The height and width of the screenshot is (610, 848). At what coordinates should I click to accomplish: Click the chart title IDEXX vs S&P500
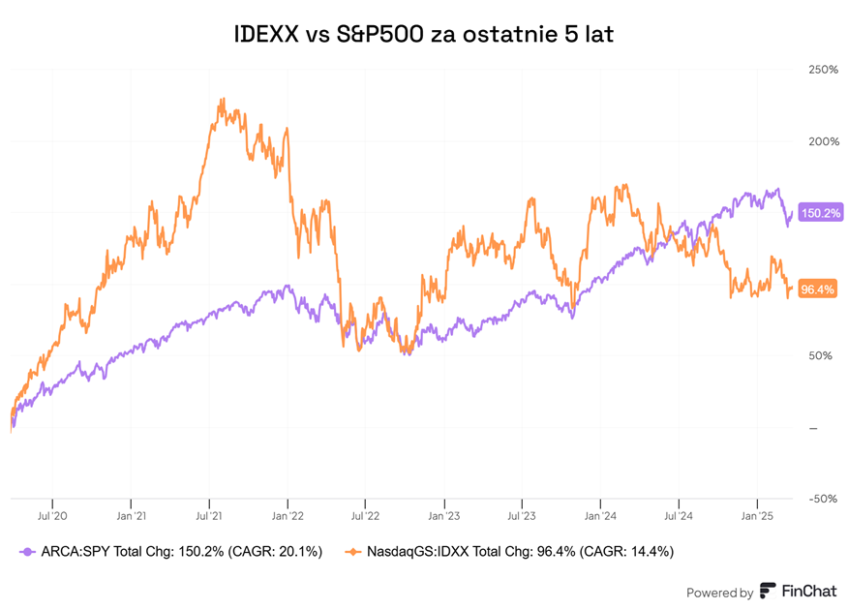424,34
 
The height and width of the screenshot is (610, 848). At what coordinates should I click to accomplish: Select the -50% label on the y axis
821,499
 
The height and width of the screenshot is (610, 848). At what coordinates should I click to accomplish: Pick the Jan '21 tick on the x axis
131,515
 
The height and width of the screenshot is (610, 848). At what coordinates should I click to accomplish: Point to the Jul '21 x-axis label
209,515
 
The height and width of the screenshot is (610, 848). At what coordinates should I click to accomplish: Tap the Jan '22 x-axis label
288,515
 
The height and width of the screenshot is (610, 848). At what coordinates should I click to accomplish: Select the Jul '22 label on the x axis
365,515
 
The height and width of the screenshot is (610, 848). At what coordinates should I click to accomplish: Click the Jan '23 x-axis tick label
443,515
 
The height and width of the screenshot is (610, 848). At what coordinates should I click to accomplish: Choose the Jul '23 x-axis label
522,515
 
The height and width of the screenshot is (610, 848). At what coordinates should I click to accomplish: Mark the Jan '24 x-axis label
600,515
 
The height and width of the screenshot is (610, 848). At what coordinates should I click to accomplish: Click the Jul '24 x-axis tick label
678,515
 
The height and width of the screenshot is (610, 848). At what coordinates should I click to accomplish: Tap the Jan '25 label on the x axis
756,515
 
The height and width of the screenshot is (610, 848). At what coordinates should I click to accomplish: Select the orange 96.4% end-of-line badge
818,289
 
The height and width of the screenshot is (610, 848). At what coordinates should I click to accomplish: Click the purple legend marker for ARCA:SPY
26,551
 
